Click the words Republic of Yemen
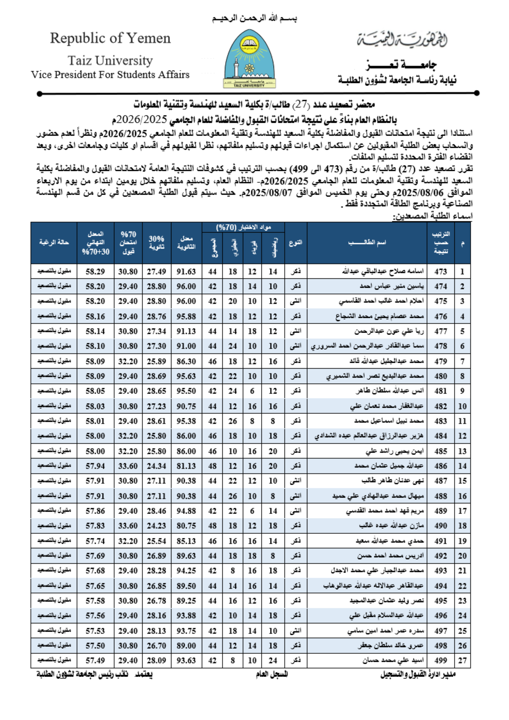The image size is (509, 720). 110,38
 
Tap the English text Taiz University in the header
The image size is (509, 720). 110,60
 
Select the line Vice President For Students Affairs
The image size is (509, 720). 110,75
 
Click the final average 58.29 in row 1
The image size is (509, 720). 95,271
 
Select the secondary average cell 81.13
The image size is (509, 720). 186,466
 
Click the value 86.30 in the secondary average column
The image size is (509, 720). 186,361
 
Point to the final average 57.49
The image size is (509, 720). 95,660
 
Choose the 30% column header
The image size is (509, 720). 156,242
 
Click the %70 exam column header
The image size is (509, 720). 128,242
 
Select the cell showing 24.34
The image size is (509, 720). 156,466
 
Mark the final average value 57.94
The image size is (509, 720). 95,466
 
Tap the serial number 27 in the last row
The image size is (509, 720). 462,660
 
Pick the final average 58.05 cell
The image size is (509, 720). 95,391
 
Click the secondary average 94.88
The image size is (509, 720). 186,511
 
